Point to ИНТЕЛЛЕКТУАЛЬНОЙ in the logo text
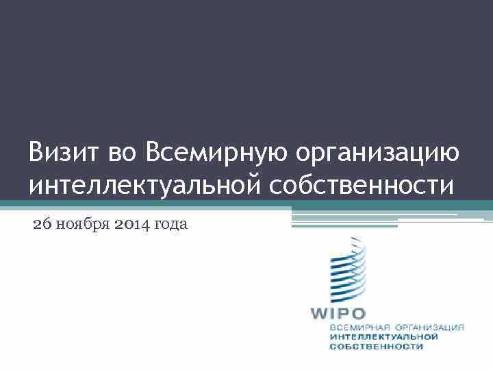coord(383,337)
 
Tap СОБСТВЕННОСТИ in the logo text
coord(376,347)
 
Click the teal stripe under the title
coord(246,203)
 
